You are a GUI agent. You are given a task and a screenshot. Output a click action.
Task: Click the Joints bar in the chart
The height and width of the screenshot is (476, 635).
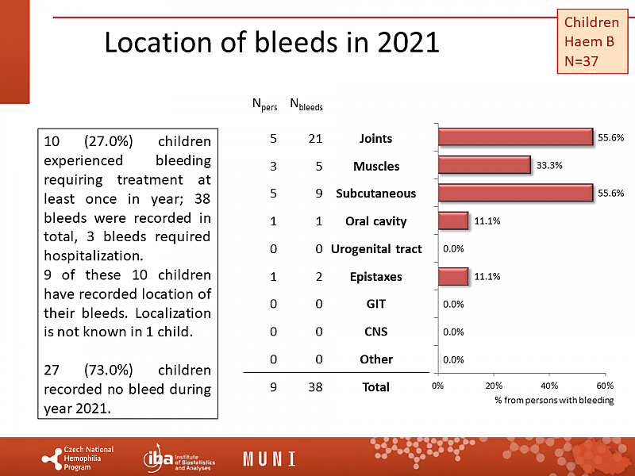pyautogui.click(x=515, y=137)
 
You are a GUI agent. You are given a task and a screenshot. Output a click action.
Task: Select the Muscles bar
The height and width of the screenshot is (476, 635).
pyautogui.click(x=483, y=165)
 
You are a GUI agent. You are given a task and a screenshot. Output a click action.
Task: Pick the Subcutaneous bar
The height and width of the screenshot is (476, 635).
pyautogui.click(x=515, y=193)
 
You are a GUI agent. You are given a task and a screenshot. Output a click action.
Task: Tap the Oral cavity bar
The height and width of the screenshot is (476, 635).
pyautogui.click(x=452, y=221)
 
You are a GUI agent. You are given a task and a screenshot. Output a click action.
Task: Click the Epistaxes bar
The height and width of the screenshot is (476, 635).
pyautogui.click(x=452, y=276)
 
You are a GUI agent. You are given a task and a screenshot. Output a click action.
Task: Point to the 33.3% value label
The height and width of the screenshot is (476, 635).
pyautogui.click(x=548, y=166)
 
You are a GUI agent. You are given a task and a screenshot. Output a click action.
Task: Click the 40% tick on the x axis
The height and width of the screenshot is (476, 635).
pyautogui.click(x=548, y=386)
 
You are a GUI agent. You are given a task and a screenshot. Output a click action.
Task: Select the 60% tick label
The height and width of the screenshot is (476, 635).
pyautogui.click(x=604, y=386)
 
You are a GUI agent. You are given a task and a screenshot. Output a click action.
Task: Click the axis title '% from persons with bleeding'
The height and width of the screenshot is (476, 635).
pyautogui.click(x=554, y=401)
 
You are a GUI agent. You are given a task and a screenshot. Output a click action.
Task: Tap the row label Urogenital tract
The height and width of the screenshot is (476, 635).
pyautogui.click(x=375, y=249)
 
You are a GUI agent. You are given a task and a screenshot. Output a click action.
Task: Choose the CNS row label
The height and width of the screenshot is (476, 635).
pyautogui.click(x=375, y=332)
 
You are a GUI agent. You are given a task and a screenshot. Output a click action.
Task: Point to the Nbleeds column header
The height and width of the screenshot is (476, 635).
pyautogui.click(x=306, y=104)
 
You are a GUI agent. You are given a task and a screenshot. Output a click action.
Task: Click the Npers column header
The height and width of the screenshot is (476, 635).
pyautogui.click(x=264, y=104)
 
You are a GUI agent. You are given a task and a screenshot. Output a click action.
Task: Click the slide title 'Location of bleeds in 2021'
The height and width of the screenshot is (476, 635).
pyautogui.click(x=272, y=42)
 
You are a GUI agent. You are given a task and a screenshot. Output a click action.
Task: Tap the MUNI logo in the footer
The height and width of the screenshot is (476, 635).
pyautogui.click(x=269, y=459)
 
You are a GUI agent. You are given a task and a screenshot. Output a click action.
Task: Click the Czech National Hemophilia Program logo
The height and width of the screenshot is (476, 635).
pyautogui.click(x=78, y=459)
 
